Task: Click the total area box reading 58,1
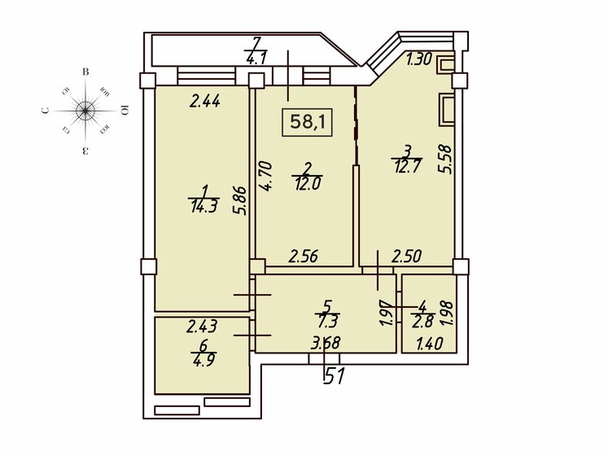(x=308, y=122)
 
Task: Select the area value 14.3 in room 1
(x=202, y=206)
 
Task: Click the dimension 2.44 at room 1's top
(x=205, y=102)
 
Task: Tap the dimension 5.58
(x=444, y=159)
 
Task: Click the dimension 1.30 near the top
(x=418, y=58)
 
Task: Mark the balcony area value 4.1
(x=256, y=57)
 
